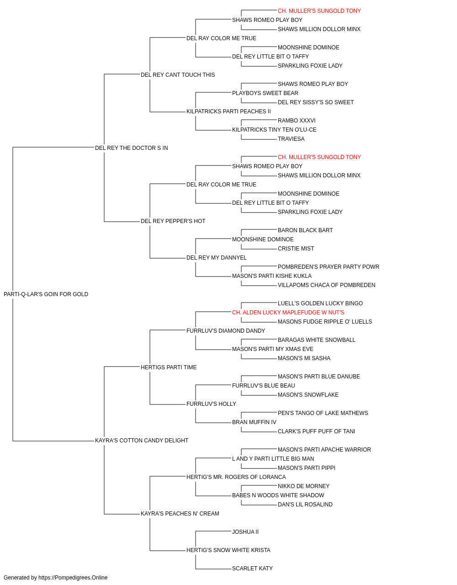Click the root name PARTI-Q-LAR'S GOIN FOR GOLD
click(x=46, y=294)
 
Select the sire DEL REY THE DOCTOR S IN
click(x=131, y=148)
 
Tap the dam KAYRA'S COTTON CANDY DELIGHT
click(x=142, y=441)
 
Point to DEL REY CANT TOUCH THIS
click(x=178, y=75)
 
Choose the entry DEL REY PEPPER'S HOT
click(x=173, y=221)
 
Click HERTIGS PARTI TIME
click(x=169, y=367)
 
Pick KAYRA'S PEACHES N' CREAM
click(x=180, y=513)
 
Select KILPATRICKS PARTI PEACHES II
click(x=228, y=112)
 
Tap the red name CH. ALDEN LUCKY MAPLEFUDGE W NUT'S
click(x=288, y=312)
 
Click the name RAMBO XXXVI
click(x=297, y=120)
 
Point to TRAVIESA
click(x=291, y=138)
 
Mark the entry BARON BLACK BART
click(x=305, y=230)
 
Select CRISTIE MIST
click(x=296, y=249)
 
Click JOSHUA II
click(x=245, y=532)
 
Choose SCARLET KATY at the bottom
click(x=252, y=568)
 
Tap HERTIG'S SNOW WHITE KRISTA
click(x=228, y=550)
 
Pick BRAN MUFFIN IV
click(x=254, y=422)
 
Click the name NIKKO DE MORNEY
click(x=303, y=486)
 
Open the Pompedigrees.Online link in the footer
click(x=73, y=578)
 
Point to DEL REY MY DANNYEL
click(x=216, y=258)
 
